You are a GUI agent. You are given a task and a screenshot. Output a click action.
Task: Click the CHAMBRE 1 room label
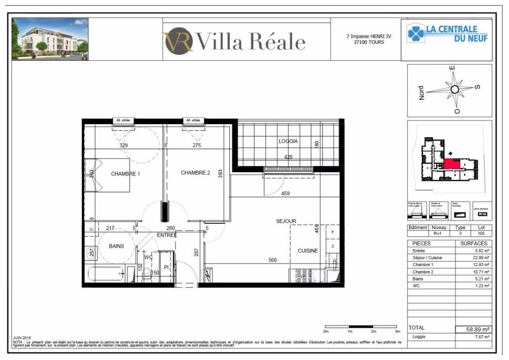point(125,174)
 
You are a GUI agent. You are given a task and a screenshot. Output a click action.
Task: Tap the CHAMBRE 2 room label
point(195,173)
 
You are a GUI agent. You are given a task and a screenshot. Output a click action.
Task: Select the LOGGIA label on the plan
point(288,141)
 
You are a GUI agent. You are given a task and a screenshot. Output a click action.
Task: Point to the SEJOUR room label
point(286,221)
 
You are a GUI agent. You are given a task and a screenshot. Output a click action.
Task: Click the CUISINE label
point(308,251)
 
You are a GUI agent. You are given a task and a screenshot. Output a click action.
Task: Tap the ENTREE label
point(167,235)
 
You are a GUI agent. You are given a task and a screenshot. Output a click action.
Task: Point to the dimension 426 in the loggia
point(288,157)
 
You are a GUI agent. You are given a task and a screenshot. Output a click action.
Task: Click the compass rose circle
point(454,90)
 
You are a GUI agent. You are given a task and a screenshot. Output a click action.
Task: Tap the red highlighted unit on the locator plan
point(451,164)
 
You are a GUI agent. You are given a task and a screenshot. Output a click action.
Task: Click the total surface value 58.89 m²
point(474,329)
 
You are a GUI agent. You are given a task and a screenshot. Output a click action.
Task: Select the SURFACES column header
point(473,244)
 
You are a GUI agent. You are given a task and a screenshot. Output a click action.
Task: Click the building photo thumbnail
point(50,39)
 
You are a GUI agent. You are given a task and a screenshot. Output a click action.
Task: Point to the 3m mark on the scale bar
point(397,331)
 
